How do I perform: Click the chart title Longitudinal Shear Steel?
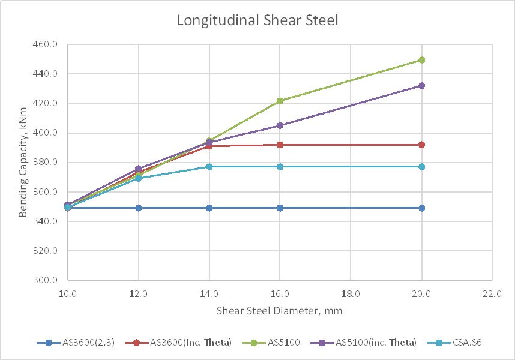click(x=257, y=20)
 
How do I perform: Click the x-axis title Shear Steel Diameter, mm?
click(x=280, y=311)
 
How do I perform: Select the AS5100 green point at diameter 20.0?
click(x=422, y=60)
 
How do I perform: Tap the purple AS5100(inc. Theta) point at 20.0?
click(x=422, y=86)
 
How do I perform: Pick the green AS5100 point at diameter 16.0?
click(x=280, y=101)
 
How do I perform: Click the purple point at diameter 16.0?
click(x=280, y=125)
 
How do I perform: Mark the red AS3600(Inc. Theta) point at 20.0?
click(x=422, y=145)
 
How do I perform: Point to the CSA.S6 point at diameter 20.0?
click(x=422, y=166)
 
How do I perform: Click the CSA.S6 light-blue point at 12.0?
click(x=139, y=178)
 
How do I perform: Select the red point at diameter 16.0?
click(x=280, y=145)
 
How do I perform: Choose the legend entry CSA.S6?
click(x=458, y=343)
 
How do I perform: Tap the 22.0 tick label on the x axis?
click(x=492, y=294)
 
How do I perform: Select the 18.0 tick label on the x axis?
click(x=351, y=294)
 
